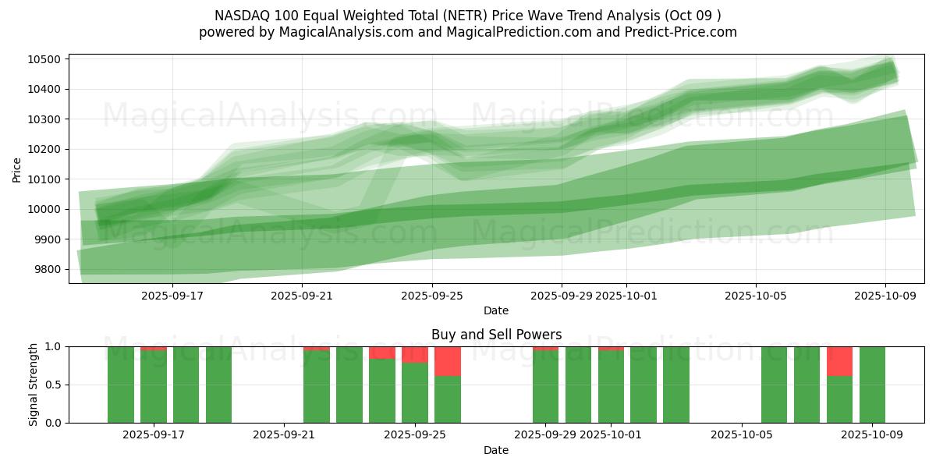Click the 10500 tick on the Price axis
click(x=46, y=60)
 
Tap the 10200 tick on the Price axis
click(x=46, y=150)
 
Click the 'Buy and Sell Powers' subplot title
click(x=496, y=335)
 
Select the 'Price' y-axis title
click(x=17, y=168)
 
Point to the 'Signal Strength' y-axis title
click(x=33, y=385)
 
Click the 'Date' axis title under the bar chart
click(x=496, y=450)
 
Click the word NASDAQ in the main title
click(x=239, y=16)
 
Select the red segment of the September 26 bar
click(x=448, y=361)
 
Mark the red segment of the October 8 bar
click(x=839, y=361)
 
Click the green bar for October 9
click(x=872, y=385)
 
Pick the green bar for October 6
click(x=774, y=385)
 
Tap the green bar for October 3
click(x=676, y=385)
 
